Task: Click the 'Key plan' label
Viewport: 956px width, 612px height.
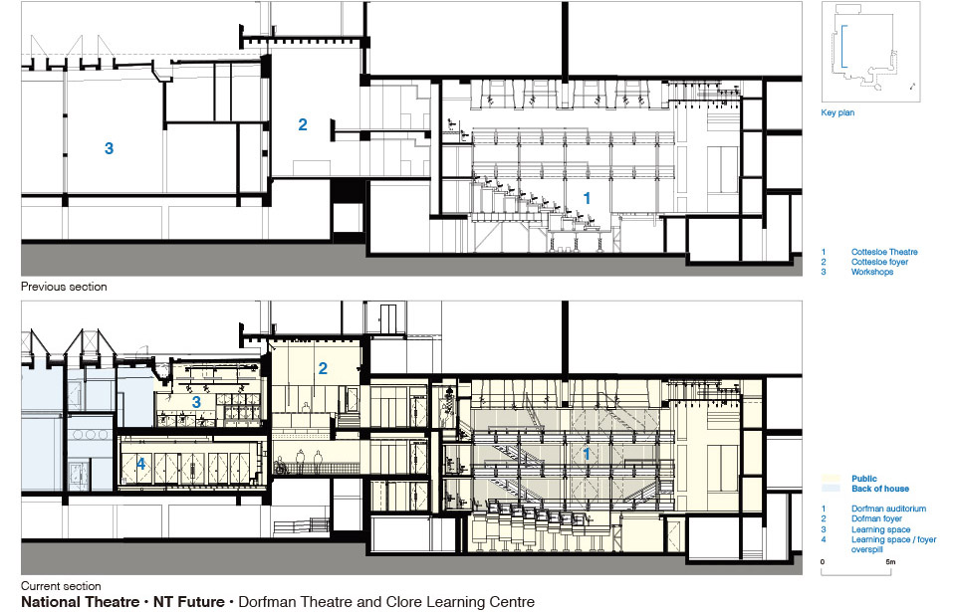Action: (x=837, y=112)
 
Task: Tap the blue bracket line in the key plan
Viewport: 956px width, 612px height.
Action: (x=842, y=47)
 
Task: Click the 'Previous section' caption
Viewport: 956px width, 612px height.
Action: (x=64, y=287)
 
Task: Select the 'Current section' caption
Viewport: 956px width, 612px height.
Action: (x=61, y=586)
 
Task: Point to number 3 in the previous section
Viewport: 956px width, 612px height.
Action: (x=110, y=148)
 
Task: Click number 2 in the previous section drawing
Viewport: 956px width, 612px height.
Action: (x=303, y=124)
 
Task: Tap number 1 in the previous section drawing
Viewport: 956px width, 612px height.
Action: (x=587, y=198)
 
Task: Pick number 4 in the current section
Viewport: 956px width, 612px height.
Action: (x=140, y=464)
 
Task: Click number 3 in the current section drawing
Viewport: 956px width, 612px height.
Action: (x=196, y=402)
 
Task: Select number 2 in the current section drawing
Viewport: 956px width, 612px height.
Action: (x=323, y=368)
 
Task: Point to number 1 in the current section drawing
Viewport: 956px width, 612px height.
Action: (x=587, y=454)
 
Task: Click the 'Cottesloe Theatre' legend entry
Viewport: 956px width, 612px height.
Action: (x=884, y=252)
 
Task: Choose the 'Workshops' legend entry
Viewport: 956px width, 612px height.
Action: (x=872, y=272)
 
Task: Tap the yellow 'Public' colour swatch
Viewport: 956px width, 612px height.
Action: (x=831, y=479)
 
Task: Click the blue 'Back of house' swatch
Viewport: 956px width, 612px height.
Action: (x=831, y=489)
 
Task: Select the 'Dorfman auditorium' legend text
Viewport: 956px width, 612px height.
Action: (x=888, y=509)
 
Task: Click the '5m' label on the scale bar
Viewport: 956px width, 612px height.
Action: (x=890, y=562)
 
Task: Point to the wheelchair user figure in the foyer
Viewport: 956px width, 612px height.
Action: (x=281, y=467)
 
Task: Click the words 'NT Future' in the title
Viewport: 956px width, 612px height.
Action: (x=188, y=602)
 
